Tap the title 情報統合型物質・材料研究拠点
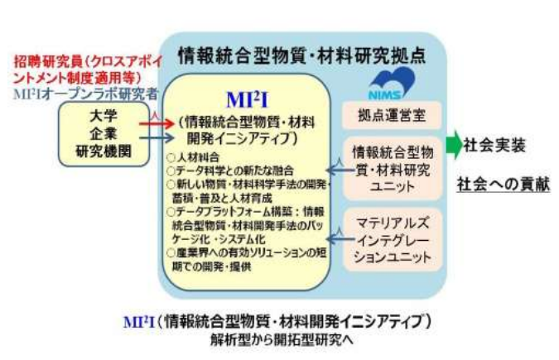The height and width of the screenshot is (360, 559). [x=302, y=56]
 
